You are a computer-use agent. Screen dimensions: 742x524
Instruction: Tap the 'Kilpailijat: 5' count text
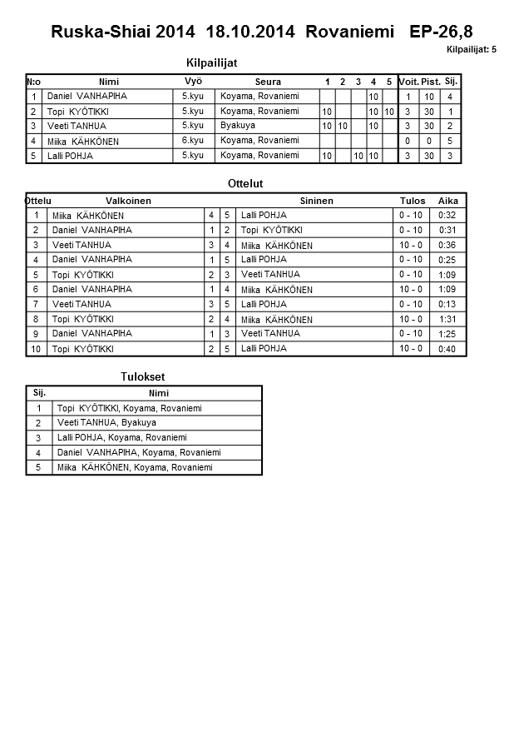pyautogui.click(x=471, y=50)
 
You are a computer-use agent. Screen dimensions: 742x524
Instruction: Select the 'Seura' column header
pyautogui.click(x=267, y=82)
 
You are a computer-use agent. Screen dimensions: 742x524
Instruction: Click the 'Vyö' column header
pyautogui.click(x=193, y=81)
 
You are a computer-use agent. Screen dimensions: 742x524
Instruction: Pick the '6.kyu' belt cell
pyautogui.click(x=192, y=140)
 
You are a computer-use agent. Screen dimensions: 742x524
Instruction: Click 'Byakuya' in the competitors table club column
pyautogui.click(x=238, y=126)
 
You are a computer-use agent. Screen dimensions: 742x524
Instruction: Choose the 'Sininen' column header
pyautogui.click(x=316, y=201)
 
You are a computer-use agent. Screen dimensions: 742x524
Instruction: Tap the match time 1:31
pyautogui.click(x=447, y=319)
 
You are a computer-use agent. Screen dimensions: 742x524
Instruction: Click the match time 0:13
pyautogui.click(x=447, y=304)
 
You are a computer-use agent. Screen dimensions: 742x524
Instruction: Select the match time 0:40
pyautogui.click(x=447, y=349)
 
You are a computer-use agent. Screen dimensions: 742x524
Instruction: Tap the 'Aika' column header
pyautogui.click(x=447, y=201)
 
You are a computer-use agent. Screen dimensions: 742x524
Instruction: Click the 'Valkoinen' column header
pyautogui.click(x=128, y=201)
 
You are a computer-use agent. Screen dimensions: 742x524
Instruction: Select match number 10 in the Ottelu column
pyautogui.click(x=36, y=349)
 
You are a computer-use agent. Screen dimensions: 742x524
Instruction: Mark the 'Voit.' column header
pyautogui.click(x=408, y=82)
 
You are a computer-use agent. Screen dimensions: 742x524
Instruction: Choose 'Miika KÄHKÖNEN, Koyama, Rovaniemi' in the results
pyautogui.click(x=135, y=468)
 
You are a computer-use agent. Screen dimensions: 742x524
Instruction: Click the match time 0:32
pyautogui.click(x=447, y=215)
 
